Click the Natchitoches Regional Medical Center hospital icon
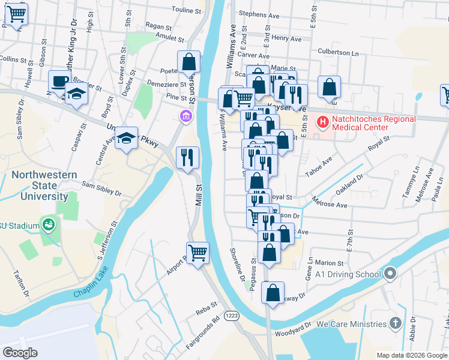click(324, 123)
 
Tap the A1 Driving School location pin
click(391, 275)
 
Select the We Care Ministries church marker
click(395, 324)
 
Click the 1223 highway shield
click(231, 315)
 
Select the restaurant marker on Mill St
click(187, 157)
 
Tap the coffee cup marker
click(59, 81)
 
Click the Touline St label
click(186, 11)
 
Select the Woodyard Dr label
click(293, 332)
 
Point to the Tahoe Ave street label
click(318, 167)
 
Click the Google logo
click(20, 352)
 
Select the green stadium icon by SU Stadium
click(49, 226)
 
